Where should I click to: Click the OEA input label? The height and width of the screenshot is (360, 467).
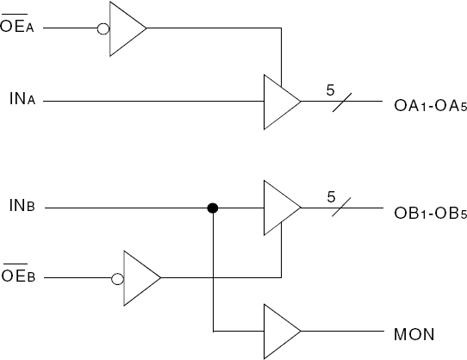[x=16, y=28]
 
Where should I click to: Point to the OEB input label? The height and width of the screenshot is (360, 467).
[x=16, y=278]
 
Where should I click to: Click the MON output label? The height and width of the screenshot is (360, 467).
[x=411, y=332]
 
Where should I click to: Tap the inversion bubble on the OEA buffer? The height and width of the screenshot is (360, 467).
[x=104, y=28]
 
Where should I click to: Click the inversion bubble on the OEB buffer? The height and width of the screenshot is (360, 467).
[x=118, y=278]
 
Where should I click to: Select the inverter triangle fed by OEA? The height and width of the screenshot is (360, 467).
[x=126, y=28]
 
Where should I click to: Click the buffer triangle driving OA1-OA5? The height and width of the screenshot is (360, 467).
[x=280, y=102]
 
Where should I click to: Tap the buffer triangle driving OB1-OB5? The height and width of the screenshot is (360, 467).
[x=280, y=208]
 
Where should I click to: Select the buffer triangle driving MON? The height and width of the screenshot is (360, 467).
[x=280, y=332]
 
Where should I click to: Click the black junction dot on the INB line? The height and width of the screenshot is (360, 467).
[x=211, y=208]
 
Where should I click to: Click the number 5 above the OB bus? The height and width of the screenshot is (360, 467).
[x=331, y=196]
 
